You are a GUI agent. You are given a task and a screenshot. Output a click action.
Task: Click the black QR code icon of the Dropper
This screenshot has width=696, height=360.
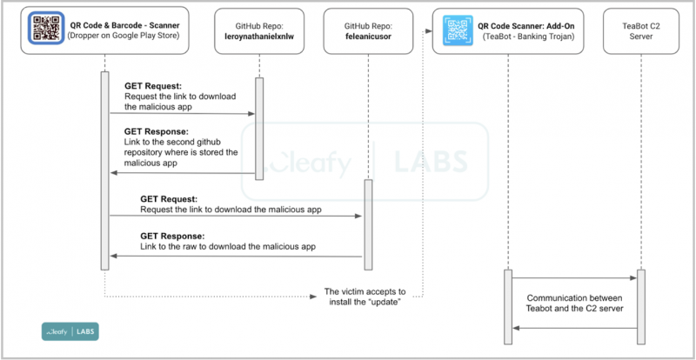point(43,30)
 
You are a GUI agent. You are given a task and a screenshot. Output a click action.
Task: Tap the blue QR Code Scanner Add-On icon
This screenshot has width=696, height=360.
point(457,30)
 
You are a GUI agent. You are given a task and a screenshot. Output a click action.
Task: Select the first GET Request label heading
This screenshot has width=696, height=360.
point(152,86)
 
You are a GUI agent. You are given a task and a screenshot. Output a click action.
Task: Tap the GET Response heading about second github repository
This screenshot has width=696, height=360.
point(157,132)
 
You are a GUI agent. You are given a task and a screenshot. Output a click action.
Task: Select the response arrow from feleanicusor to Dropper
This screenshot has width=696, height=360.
point(235,256)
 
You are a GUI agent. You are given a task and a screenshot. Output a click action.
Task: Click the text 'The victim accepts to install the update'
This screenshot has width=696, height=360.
point(365,297)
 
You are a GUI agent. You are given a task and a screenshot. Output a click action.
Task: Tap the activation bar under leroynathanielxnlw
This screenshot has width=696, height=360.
point(258,129)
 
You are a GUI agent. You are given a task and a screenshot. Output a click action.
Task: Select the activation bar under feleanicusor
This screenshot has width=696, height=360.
point(367,223)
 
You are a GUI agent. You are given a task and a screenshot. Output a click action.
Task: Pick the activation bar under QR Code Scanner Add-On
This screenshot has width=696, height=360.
point(506,306)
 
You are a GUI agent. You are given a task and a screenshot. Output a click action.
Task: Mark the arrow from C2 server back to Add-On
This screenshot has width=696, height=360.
point(574,329)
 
